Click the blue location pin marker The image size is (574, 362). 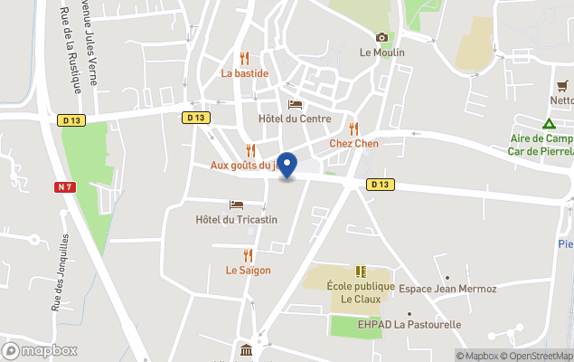click(287, 166)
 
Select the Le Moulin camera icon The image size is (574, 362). click(381, 37)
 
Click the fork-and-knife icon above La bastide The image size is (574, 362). click(244, 58)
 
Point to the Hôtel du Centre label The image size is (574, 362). click(296, 119)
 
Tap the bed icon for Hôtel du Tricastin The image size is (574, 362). click(236, 205)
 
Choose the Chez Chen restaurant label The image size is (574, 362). click(353, 144)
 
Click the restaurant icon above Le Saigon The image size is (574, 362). click(248, 255)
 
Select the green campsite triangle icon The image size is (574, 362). click(549, 124)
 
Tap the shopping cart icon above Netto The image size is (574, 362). click(563, 85)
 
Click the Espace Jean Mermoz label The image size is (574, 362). click(448, 289)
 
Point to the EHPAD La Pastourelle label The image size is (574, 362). click(409, 324)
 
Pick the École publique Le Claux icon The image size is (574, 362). click(361, 271)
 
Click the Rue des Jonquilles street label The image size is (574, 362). click(60, 271)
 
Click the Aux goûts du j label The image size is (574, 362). click(242, 165)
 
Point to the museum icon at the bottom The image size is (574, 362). click(245, 350)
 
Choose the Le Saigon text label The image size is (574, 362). click(248, 270)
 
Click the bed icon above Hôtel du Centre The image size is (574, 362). click(295, 104)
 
